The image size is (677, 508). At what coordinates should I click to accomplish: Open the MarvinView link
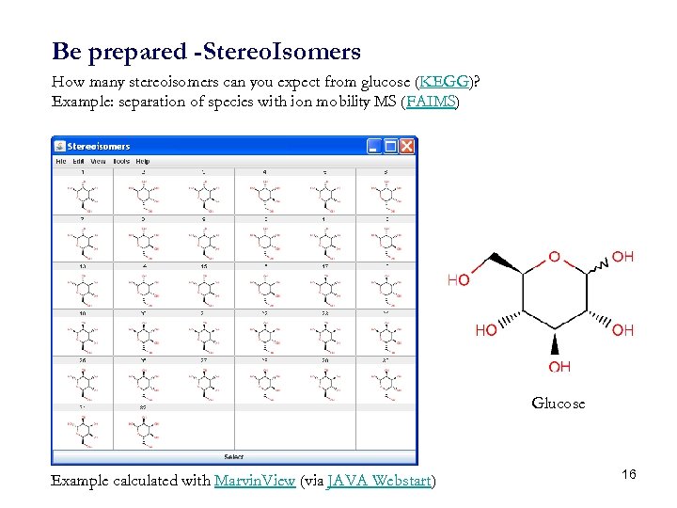255,481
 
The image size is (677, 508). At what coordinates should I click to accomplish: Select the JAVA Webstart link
379,481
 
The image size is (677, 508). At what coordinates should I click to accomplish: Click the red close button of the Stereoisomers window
406,147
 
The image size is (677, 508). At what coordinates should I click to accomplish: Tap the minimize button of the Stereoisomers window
374,147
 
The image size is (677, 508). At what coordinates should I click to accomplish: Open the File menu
61,162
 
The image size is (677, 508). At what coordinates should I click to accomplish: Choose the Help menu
143,162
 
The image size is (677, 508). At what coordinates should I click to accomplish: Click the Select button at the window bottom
233,456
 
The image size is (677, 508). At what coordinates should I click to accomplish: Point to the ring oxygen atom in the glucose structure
554,256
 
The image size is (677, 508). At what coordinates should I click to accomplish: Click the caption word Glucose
558,404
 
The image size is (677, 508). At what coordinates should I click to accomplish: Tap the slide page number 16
629,474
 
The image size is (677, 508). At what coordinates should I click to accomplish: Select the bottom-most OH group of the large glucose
559,367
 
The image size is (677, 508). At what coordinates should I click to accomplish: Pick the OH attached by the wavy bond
622,256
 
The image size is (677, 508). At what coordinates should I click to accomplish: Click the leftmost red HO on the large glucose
458,279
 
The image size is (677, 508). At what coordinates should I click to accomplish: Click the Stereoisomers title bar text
99,147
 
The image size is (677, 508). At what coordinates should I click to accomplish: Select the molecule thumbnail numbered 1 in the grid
83,194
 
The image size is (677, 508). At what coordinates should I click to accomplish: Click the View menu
98,162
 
